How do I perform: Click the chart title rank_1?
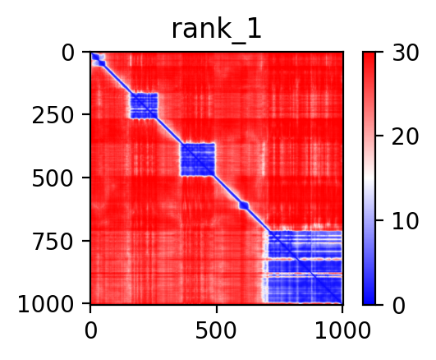(x=216, y=30)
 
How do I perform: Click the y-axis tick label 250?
(x=53, y=116)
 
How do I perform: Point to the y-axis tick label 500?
(x=53, y=178)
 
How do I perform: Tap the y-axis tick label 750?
(x=53, y=242)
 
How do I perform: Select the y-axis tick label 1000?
(x=46, y=305)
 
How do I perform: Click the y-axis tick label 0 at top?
(x=68, y=53)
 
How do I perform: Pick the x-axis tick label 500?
(x=216, y=331)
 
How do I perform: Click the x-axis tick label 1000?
(x=342, y=331)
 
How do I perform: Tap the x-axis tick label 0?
(x=90, y=331)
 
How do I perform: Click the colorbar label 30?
(x=405, y=53)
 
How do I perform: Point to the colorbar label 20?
(x=405, y=136)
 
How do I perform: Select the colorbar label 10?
(x=405, y=221)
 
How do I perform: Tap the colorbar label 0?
(x=399, y=306)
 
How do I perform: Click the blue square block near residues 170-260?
(x=144, y=106)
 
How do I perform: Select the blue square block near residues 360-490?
(x=198, y=159)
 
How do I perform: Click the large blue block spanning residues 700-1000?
(x=305, y=267)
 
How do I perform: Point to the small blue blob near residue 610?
(x=244, y=205)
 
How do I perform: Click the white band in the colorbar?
(x=369, y=178)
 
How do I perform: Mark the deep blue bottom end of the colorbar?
(x=369, y=300)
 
